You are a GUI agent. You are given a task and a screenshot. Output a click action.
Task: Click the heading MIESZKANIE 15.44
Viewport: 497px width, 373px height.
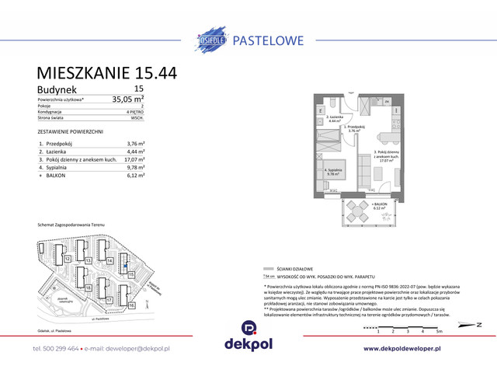coord(106,73)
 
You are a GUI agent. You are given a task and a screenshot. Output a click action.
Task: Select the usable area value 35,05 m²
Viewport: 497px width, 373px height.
coord(127,99)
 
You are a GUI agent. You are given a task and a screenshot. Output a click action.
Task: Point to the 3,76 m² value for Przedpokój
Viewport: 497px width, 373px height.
coord(136,144)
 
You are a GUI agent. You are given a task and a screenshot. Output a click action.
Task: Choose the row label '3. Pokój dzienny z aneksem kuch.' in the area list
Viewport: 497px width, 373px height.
coord(77,159)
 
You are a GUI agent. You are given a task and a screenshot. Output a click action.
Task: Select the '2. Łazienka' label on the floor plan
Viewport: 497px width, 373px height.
coord(335,119)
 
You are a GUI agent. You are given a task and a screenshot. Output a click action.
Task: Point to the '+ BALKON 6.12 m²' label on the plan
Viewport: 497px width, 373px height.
coord(380,206)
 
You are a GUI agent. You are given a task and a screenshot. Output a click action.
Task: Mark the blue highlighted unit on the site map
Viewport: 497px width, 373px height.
coord(125,264)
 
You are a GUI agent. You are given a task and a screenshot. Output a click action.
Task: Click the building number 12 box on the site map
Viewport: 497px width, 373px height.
coord(68,258)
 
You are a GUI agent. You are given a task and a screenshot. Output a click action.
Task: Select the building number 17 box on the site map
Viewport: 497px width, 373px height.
coord(109,299)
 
